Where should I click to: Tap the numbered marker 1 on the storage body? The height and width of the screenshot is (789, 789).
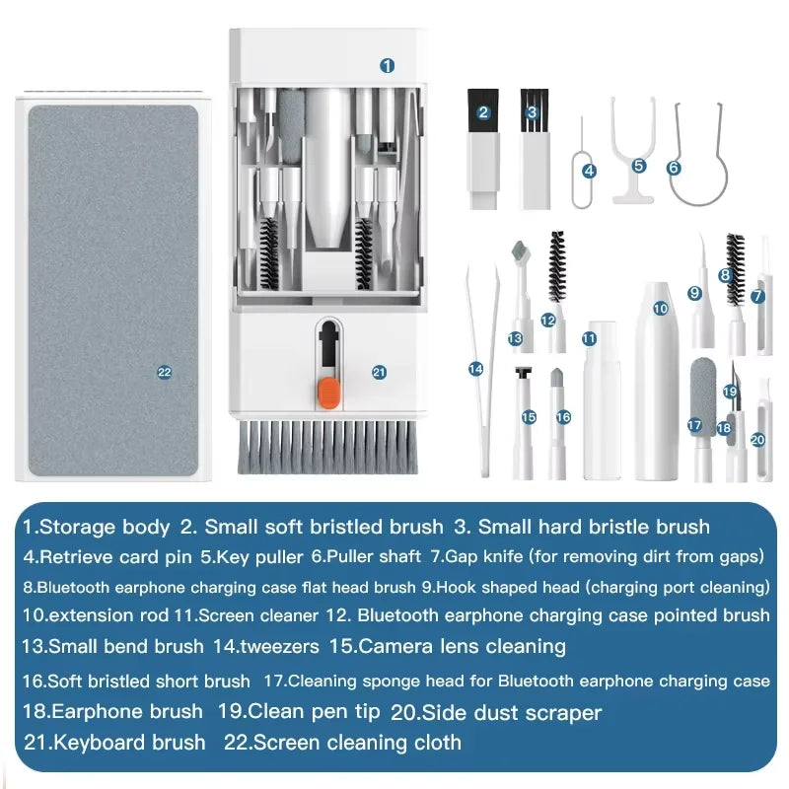[388, 65]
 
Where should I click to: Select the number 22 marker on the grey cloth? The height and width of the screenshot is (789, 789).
[164, 372]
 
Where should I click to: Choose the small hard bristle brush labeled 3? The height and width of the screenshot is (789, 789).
[533, 148]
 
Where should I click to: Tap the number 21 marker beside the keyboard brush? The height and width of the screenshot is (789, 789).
[379, 372]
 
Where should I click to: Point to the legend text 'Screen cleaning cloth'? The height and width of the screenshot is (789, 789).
[357, 742]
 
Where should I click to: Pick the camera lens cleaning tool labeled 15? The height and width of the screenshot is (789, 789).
[524, 419]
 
